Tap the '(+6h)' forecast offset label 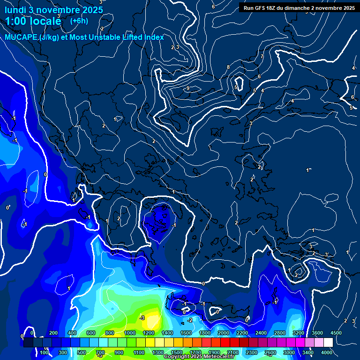(x=79, y=21)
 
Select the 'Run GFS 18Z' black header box (x=299, y=8)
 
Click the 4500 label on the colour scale (x=336, y=333)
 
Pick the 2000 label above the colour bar (x=223, y=333)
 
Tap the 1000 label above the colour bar (x=129, y=333)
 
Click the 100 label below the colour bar (x=45, y=352)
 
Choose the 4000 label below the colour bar (x=327, y=352)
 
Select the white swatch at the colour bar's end (x=328, y=343)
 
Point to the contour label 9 (x=187, y=88)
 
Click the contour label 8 (x=228, y=67)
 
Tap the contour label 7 (x=262, y=57)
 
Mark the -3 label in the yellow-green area (x=142, y=318)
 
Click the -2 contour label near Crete (x=190, y=320)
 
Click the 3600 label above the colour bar (x=317, y=333)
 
